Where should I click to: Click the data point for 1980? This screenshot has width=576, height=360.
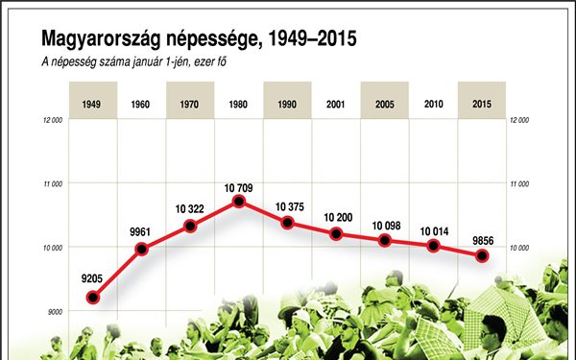[x=239, y=202]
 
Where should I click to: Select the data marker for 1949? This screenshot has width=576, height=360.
[x=93, y=298]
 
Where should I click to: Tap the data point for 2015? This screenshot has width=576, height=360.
[x=483, y=255]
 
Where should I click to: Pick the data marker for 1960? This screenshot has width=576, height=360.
[x=142, y=250]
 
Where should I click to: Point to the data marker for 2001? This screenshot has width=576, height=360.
[x=336, y=234]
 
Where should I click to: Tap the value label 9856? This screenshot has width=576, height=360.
[x=482, y=238]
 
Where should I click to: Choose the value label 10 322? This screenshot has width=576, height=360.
[x=191, y=208]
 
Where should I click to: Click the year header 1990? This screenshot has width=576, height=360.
[x=288, y=103]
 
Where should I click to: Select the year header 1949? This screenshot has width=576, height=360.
[x=93, y=103]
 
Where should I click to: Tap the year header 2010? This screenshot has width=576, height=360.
[x=434, y=103]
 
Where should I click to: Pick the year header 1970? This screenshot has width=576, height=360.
[x=190, y=103]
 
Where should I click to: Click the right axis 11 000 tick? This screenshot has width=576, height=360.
[x=520, y=184]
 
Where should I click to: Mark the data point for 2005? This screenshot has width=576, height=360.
[x=385, y=240]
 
